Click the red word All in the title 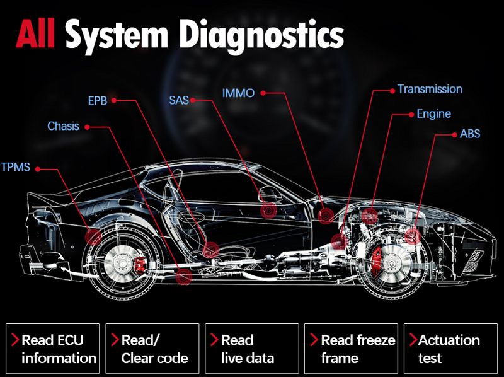[x=35, y=33]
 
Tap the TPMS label [x=15, y=167]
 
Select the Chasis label [x=64, y=126]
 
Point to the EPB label [x=98, y=101]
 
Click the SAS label [x=179, y=100]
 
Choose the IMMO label [x=239, y=93]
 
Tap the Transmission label [x=430, y=89]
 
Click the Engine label [x=434, y=114]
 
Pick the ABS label [x=470, y=134]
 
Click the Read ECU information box [x=53, y=349]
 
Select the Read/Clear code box [x=152, y=349]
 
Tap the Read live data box [x=252, y=349]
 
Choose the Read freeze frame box [x=352, y=349]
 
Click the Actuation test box [x=451, y=349]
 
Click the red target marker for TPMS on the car [x=93, y=237]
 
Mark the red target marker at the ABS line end [x=413, y=236]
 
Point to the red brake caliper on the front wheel [x=375, y=262]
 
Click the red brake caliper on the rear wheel [x=140, y=265]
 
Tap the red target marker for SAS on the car [x=269, y=211]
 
